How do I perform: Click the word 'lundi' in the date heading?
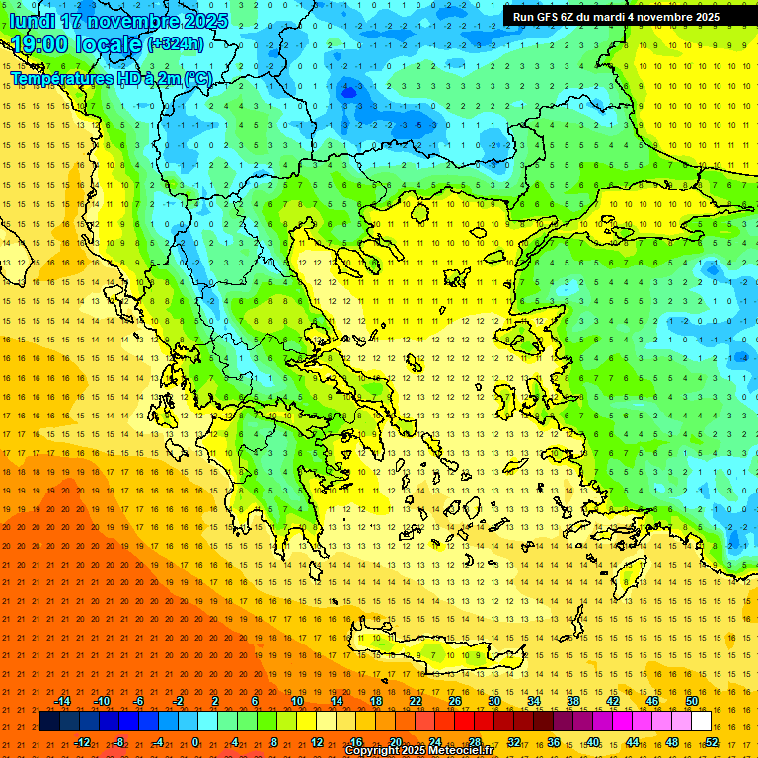pos(33,21)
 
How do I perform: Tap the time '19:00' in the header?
pos(40,44)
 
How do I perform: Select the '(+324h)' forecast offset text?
pos(176,43)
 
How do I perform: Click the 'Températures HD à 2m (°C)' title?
pos(111,77)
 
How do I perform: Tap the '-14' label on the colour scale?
pos(63,701)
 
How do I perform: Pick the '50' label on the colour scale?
pos(692,701)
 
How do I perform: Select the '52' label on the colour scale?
pos(712,741)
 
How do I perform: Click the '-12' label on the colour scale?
pos(83,741)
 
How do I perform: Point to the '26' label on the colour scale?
pos(455,701)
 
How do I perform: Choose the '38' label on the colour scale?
pos(573,701)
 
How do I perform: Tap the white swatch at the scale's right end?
pos(701,721)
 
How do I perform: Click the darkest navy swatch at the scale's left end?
pos(49,721)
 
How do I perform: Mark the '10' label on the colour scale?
pos(297,701)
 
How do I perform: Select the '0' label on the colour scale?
pos(195,741)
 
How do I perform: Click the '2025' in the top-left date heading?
pos(204,21)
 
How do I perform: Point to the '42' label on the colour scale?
pos(613,701)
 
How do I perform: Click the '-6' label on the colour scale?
pos(139,701)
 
